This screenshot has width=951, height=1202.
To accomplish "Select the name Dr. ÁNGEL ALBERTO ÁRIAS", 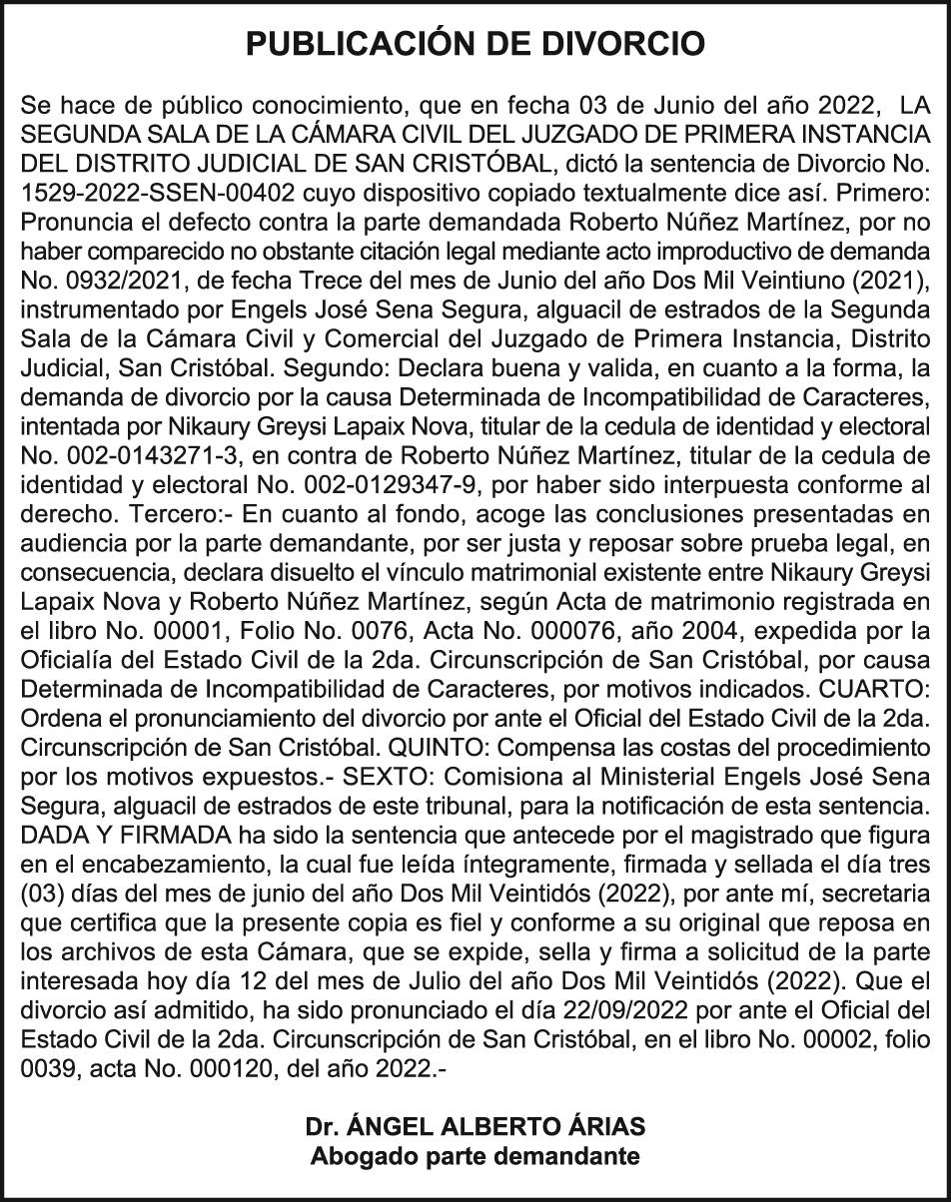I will [x=475, y=1127].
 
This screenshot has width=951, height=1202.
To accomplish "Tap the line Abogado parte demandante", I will [x=475, y=1157].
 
